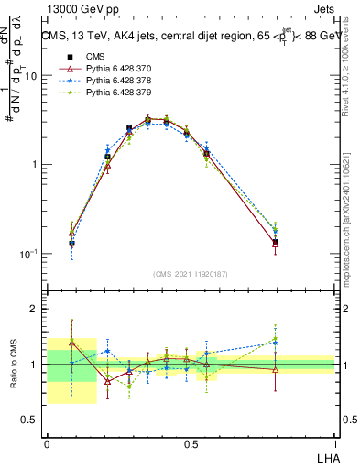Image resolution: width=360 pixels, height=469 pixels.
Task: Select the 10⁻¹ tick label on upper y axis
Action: (28, 254)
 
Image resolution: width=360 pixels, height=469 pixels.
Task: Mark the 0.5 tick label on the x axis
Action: (191, 443)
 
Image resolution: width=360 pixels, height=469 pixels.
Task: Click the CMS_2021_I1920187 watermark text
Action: (191, 272)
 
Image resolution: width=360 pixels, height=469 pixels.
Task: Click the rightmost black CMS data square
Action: (275, 243)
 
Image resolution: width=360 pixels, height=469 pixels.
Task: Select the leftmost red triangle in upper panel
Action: (72, 233)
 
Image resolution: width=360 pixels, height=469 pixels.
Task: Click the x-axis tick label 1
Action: (334, 443)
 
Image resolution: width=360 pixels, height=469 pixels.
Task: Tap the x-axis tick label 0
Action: (48, 443)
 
